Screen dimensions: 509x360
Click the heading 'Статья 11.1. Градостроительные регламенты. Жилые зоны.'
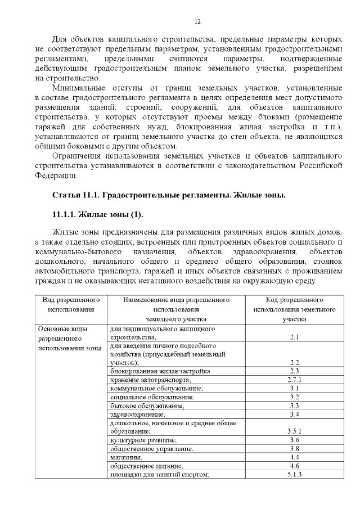point(169,195)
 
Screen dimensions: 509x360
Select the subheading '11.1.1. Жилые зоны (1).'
point(97,214)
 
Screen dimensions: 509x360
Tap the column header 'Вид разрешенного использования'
point(71,305)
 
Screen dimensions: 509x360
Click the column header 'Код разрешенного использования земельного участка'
point(294,309)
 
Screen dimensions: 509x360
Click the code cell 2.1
point(294,337)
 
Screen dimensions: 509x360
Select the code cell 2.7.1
point(294,380)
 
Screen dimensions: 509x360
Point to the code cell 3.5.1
point(294,431)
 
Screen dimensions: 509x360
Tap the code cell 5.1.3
point(294,475)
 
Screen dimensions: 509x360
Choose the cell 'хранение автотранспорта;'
point(147,380)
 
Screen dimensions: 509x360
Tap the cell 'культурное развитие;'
point(143,440)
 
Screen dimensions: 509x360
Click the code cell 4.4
point(294,457)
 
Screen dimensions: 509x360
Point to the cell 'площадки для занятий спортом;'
point(160,475)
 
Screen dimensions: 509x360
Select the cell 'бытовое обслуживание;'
point(147,406)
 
